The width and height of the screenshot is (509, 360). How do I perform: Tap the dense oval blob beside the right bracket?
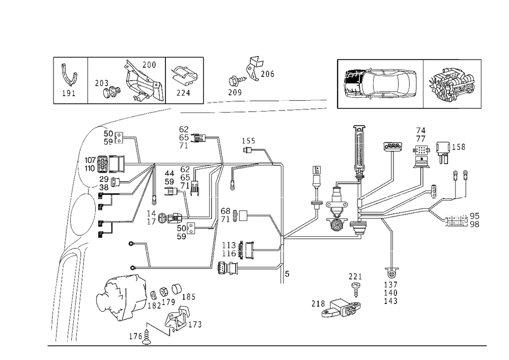453,84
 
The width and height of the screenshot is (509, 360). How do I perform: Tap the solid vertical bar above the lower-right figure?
392,258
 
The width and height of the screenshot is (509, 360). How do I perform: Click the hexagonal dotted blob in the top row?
182,77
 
